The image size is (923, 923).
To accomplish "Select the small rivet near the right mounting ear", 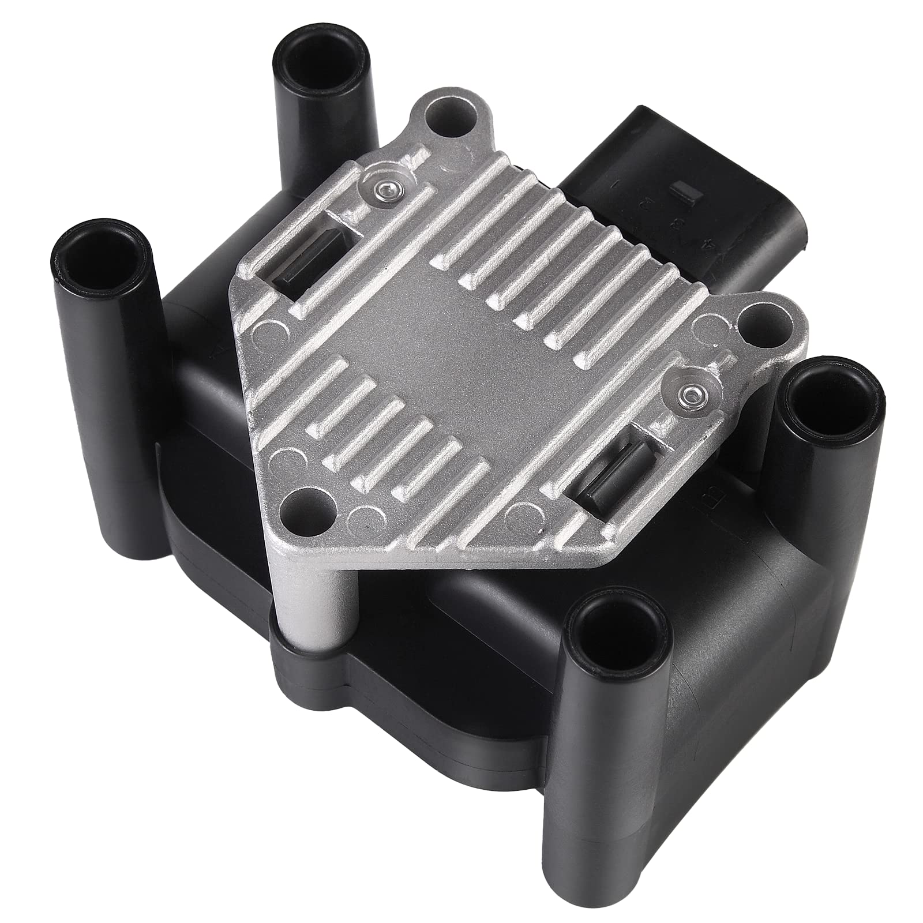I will coord(688,395).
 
